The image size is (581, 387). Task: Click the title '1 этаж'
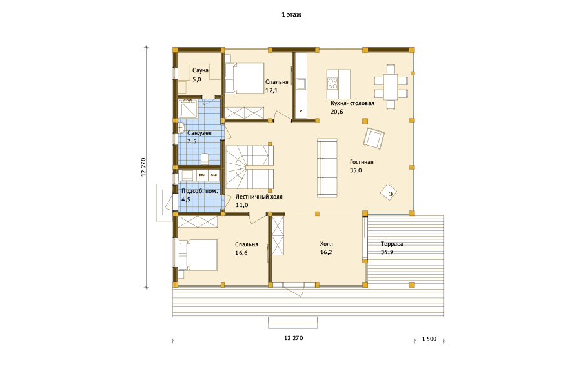tap(291, 15)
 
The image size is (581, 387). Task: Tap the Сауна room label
tap(200, 70)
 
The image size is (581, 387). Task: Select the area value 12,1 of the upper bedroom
tap(271, 90)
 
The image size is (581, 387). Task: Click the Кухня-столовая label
tap(352, 103)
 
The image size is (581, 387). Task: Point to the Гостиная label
tap(362, 162)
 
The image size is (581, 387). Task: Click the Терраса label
tap(392, 244)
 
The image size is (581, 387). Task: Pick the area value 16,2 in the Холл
tap(326, 253)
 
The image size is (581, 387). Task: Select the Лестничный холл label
tap(259, 197)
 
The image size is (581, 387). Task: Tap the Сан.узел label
tap(199, 133)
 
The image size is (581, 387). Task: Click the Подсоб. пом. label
tap(199, 191)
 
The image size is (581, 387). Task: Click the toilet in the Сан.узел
tap(205, 159)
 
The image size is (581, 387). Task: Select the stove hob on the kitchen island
tap(332, 83)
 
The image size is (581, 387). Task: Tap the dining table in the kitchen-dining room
tap(391, 87)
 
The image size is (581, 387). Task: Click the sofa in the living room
tap(327, 168)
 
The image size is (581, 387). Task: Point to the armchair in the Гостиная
tap(374, 138)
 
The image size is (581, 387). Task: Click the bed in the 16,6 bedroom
tap(198, 255)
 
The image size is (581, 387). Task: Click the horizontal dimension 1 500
tap(429, 339)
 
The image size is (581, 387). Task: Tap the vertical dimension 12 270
tap(143, 167)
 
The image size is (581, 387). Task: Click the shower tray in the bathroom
tap(189, 108)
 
